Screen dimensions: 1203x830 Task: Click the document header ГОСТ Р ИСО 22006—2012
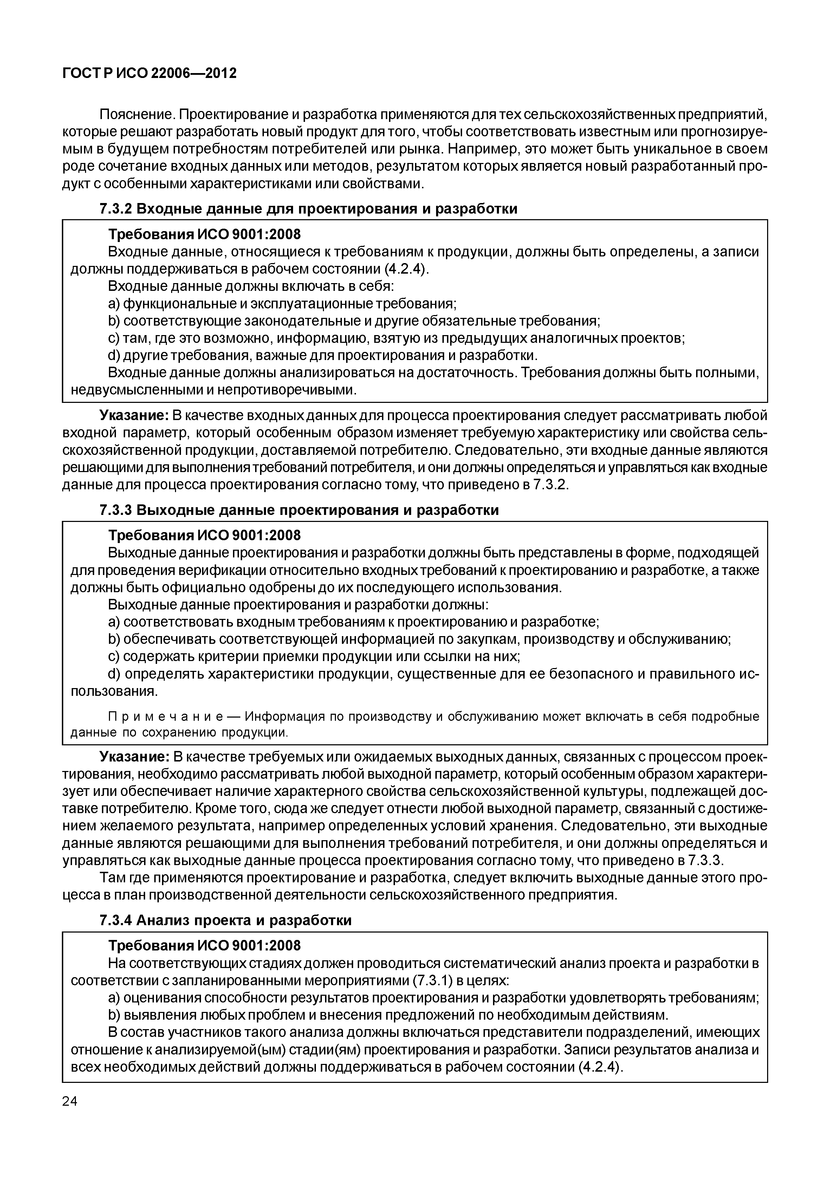149,73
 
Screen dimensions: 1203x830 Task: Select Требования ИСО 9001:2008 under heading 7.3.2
204,235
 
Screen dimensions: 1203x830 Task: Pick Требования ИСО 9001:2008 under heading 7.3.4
204,946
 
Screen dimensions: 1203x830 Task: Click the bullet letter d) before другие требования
114,355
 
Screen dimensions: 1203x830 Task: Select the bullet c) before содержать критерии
114,656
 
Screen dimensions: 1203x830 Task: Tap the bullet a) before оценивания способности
114,998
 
